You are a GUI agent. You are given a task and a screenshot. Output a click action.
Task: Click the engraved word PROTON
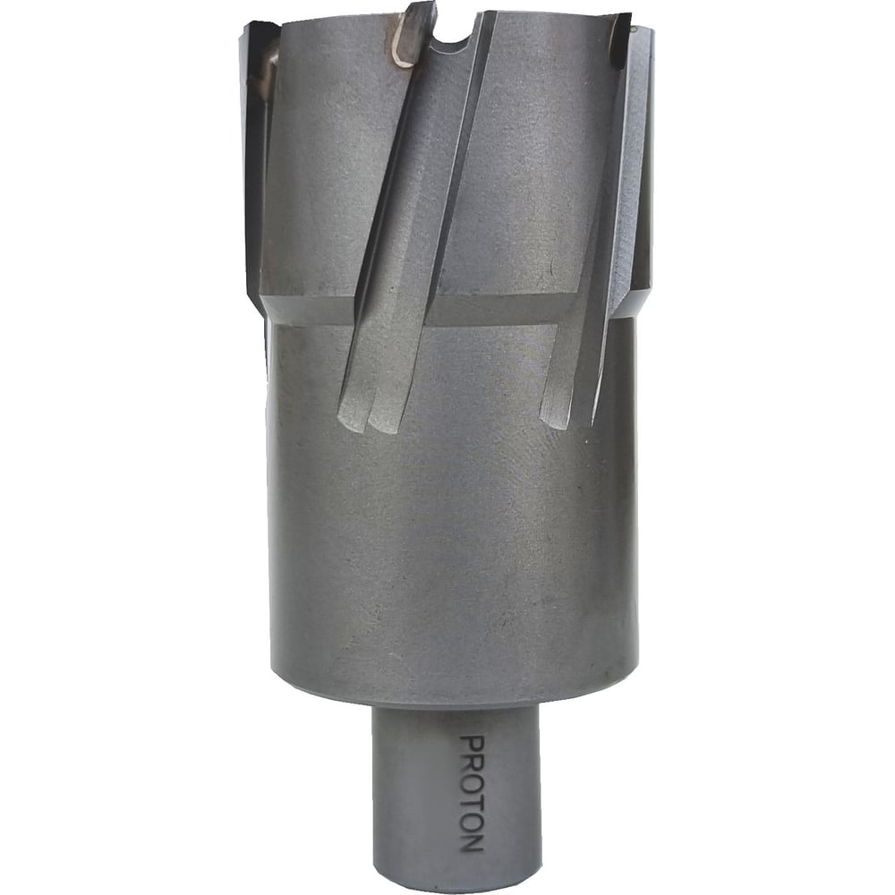tap(472, 795)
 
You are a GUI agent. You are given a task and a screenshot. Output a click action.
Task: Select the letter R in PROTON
tap(472, 763)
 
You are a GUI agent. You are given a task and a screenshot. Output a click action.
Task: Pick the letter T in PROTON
tap(472, 804)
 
